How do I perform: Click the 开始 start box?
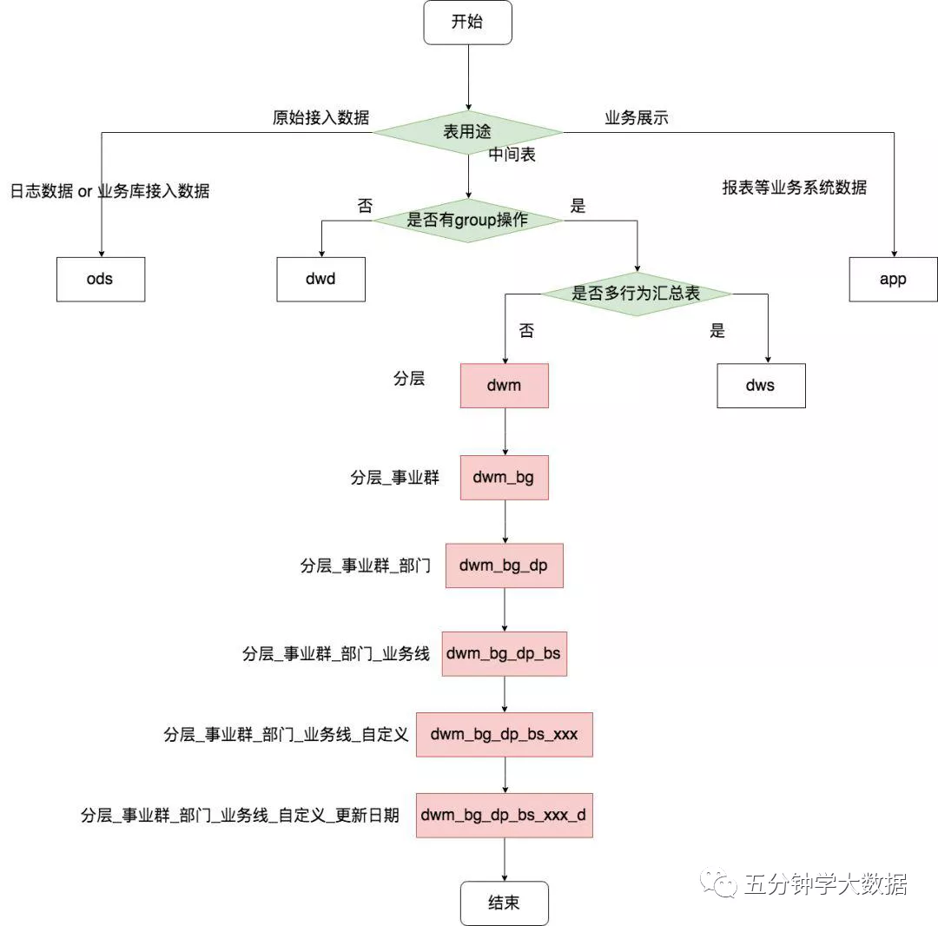pos(467,23)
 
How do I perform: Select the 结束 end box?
pos(504,903)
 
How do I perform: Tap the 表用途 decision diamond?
pos(467,133)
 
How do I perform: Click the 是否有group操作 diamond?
pos(467,220)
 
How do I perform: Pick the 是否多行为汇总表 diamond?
pos(636,294)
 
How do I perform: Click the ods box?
pos(101,280)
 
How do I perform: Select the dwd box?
pos(320,280)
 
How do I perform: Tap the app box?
pos(893,280)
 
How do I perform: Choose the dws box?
pos(761,386)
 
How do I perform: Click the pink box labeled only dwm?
pos(504,386)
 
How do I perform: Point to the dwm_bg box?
pos(504,477)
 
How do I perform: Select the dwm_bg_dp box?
pos(504,566)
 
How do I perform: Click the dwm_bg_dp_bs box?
pos(504,653)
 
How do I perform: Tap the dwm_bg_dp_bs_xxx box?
pos(504,735)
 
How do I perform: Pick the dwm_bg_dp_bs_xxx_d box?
pos(504,815)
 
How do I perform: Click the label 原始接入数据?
pos(320,118)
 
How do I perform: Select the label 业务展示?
pos(637,118)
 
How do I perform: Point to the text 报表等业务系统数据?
pos(794,187)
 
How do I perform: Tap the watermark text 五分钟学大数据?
pos(825,884)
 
